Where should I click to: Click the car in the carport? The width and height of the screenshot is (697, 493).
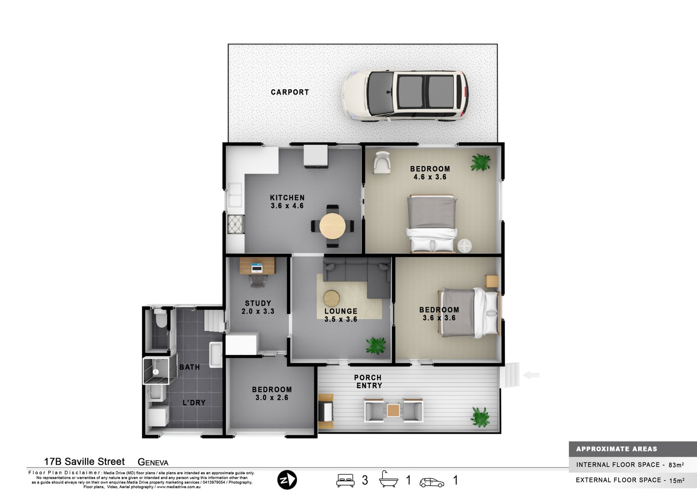click(405, 96)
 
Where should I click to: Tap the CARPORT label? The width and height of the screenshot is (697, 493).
click(290, 92)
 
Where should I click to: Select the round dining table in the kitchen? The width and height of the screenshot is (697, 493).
click(332, 226)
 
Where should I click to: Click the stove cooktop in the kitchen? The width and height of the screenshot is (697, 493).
click(236, 224)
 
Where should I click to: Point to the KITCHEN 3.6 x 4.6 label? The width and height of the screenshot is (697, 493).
click(287, 201)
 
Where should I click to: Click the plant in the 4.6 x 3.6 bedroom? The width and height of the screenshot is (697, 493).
click(480, 162)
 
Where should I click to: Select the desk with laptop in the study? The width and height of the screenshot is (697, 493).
click(257, 266)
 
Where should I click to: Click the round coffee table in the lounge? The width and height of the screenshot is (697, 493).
click(332, 299)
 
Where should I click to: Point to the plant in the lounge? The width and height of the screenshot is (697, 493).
click(376, 345)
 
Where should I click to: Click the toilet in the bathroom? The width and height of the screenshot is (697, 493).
click(160, 319)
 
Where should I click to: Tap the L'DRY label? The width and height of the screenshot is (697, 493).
click(194, 402)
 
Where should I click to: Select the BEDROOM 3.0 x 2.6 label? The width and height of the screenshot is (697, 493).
click(272, 393)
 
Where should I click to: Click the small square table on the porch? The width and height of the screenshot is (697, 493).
click(393, 410)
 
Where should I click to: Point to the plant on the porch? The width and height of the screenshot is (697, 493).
click(480, 417)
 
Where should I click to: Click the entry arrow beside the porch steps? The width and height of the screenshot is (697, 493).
click(531, 375)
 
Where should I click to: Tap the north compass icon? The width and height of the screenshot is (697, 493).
click(287, 480)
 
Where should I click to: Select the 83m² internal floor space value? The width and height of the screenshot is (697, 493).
click(676, 465)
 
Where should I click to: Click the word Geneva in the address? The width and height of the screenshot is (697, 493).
click(153, 462)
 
